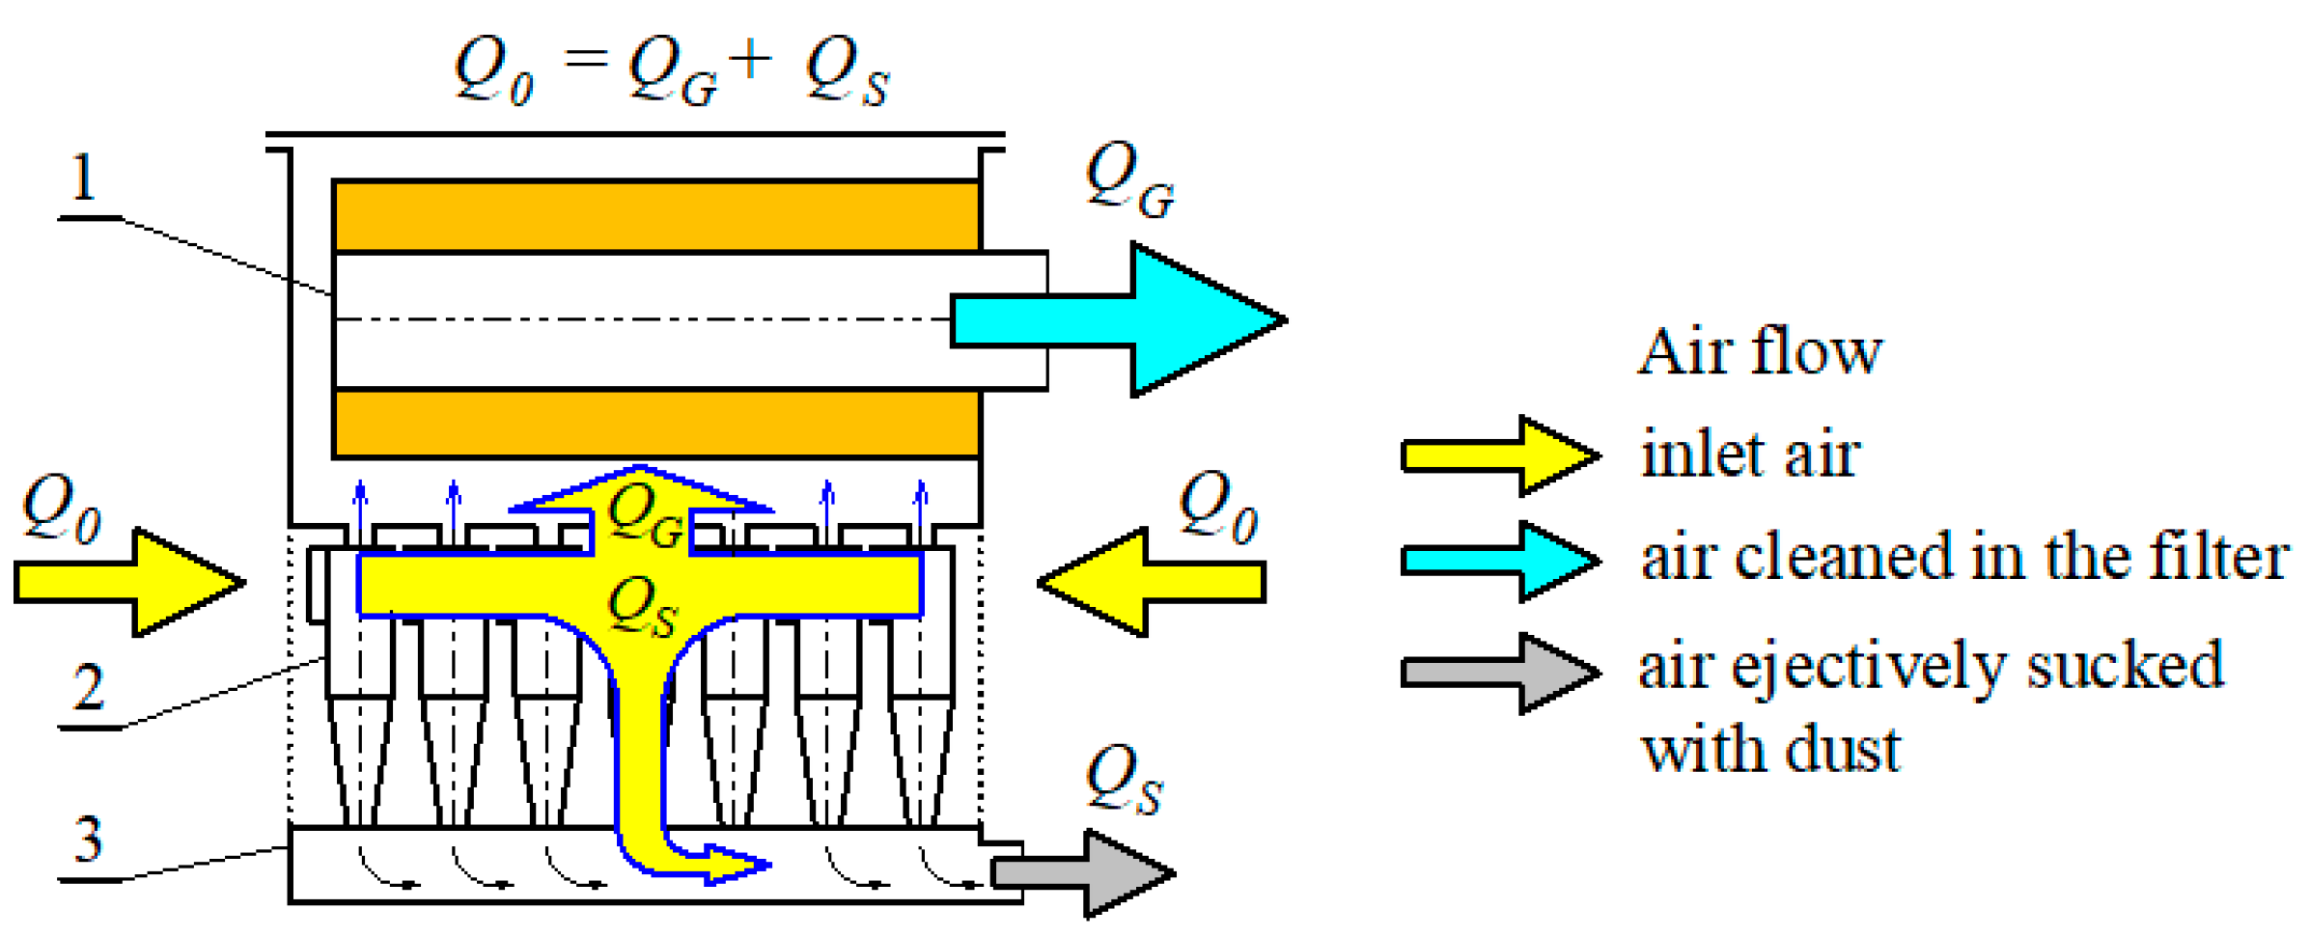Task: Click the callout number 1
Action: tap(85, 179)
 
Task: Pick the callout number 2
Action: tap(89, 688)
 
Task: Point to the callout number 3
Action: tap(89, 840)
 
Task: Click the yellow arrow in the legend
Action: tap(1501, 455)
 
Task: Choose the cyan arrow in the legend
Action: tap(1501, 561)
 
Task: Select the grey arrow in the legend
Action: tap(1501, 673)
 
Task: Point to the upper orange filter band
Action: tap(656, 216)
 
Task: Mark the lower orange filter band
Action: tap(656, 423)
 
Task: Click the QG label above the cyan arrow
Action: tap(1129, 180)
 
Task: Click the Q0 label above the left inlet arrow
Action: tap(61, 509)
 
